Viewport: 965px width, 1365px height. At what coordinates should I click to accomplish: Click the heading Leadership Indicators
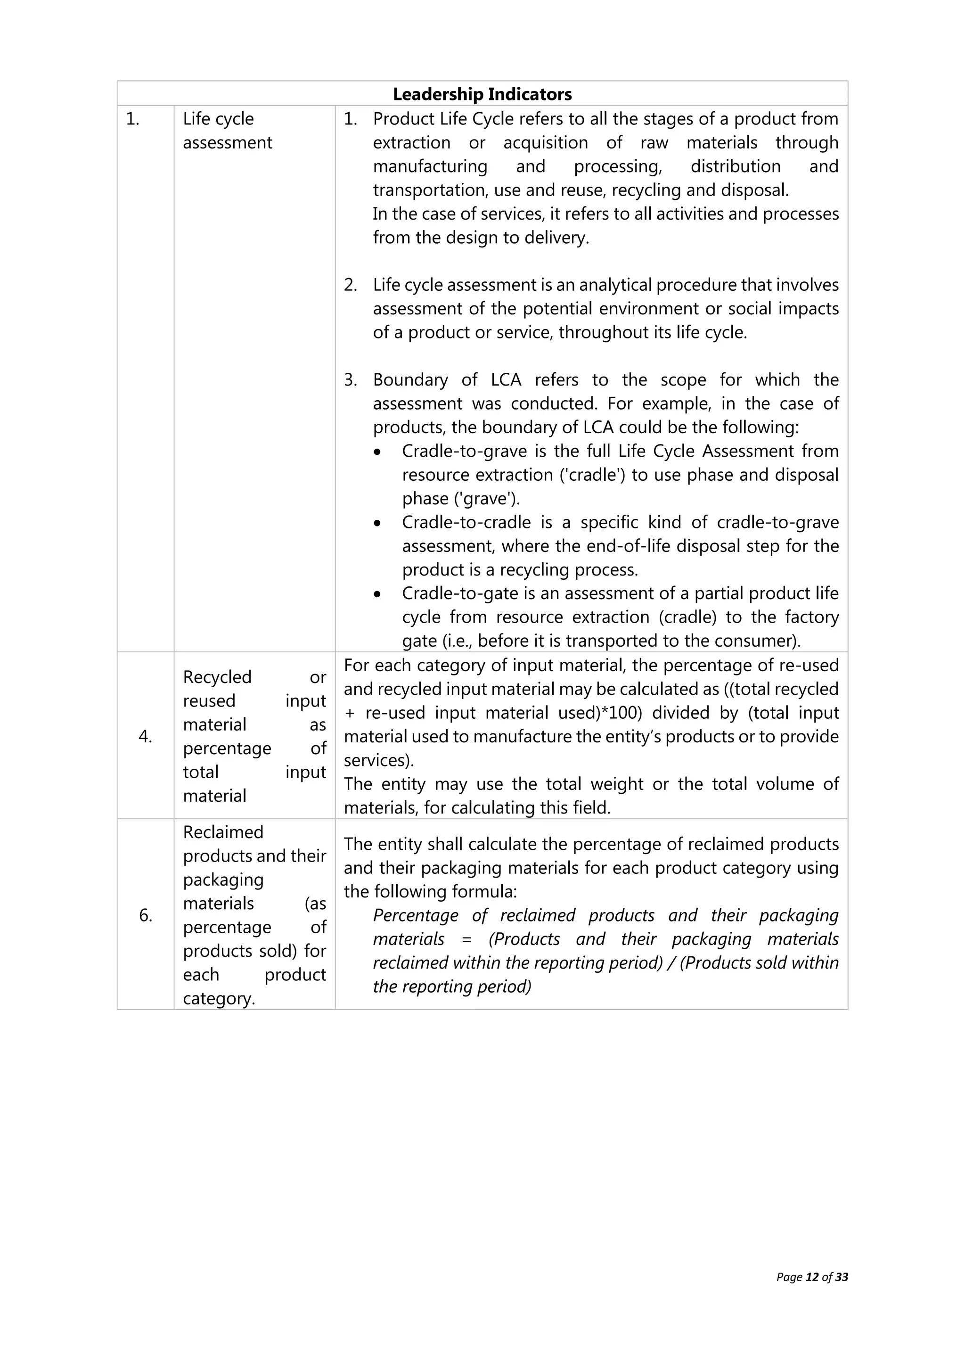click(x=482, y=94)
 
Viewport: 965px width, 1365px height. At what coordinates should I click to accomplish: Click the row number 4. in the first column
click(x=146, y=737)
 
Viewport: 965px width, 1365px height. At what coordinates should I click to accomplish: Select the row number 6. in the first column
click(x=146, y=915)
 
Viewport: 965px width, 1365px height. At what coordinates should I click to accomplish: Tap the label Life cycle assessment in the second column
click(x=227, y=131)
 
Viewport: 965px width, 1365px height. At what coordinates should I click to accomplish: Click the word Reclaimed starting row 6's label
click(x=223, y=832)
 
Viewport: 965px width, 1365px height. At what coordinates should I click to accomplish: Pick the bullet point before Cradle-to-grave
click(x=378, y=452)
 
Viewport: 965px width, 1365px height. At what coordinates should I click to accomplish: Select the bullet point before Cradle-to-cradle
click(x=378, y=524)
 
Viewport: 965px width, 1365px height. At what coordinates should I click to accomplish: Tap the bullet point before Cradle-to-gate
click(x=378, y=594)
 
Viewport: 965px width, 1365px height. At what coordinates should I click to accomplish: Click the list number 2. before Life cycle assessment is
click(x=351, y=285)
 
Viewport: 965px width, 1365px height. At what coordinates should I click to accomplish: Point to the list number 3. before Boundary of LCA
click(x=351, y=380)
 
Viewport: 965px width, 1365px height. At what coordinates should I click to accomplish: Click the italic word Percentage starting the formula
click(x=415, y=915)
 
